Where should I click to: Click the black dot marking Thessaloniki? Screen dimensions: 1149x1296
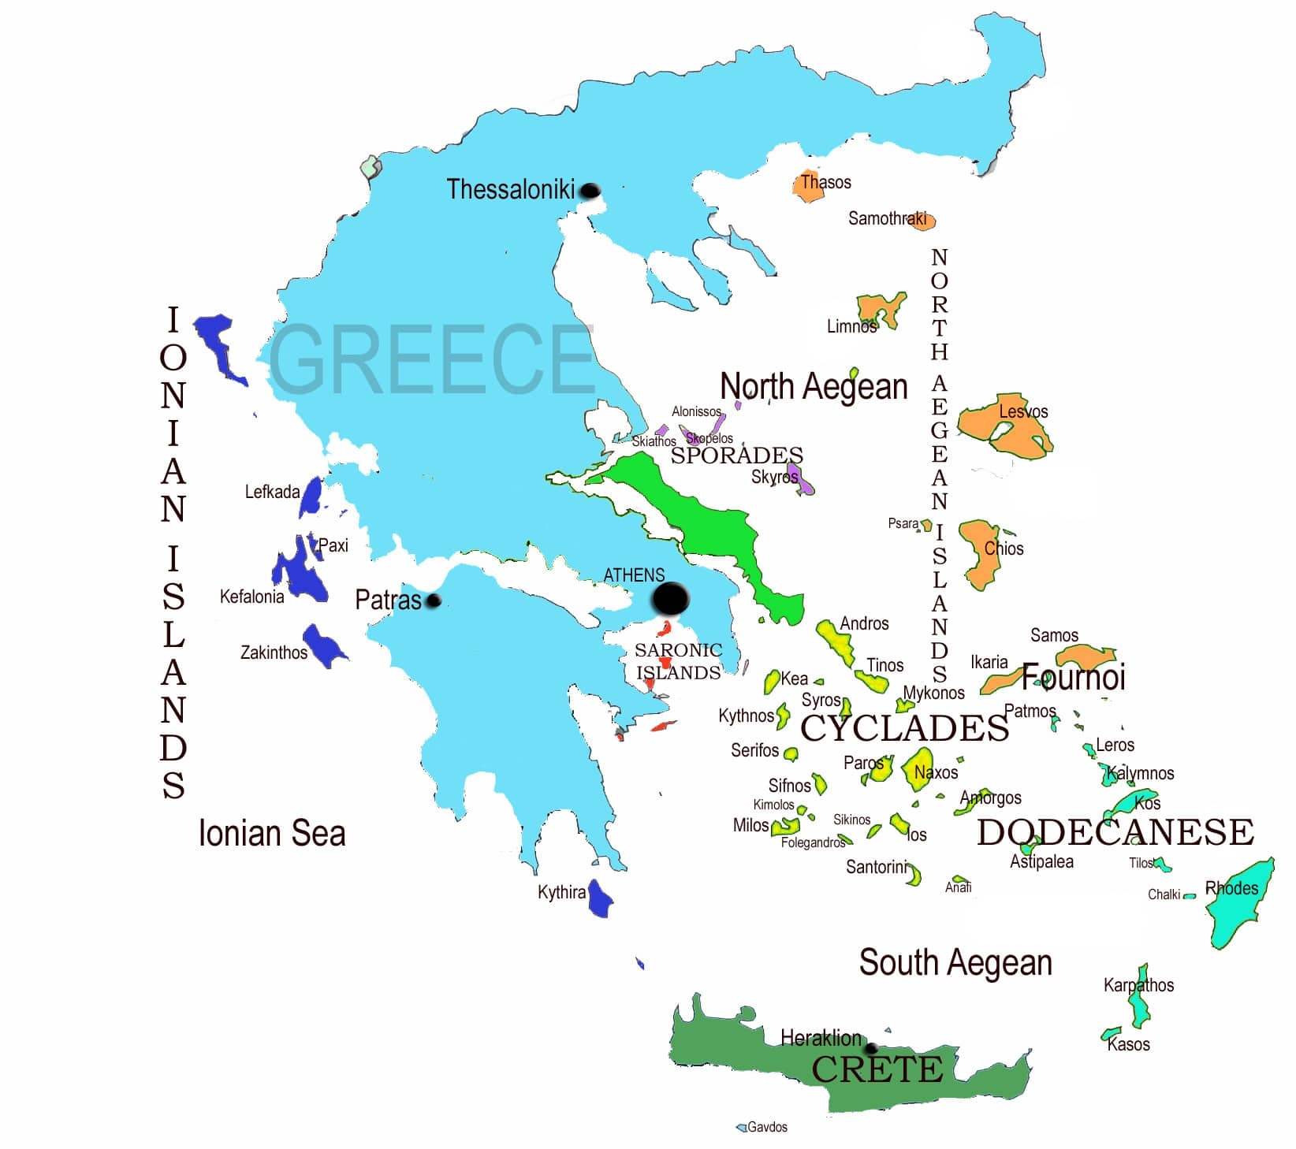click(x=590, y=191)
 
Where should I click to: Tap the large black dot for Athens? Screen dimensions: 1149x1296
click(x=670, y=599)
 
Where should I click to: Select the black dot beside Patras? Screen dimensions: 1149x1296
click(x=433, y=601)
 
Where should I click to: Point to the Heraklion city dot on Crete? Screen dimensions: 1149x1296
click(x=870, y=1049)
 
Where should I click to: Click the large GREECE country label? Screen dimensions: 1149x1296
click(x=431, y=359)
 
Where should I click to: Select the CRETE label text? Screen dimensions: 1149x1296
click(x=877, y=1069)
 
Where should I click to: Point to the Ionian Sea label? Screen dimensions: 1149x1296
click(x=272, y=834)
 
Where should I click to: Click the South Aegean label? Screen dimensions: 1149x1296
click(x=955, y=962)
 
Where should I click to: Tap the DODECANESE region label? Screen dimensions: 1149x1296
click(x=1115, y=832)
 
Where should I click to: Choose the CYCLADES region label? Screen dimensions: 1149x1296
click(x=904, y=728)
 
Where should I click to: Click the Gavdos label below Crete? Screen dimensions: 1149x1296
click(x=766, y=1127)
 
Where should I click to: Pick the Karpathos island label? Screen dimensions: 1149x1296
click(x=1138, y=985)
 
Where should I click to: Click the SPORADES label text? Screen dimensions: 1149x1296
click(x=736, y=456)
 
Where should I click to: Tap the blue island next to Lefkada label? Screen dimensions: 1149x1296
click(x=311, y=497)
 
